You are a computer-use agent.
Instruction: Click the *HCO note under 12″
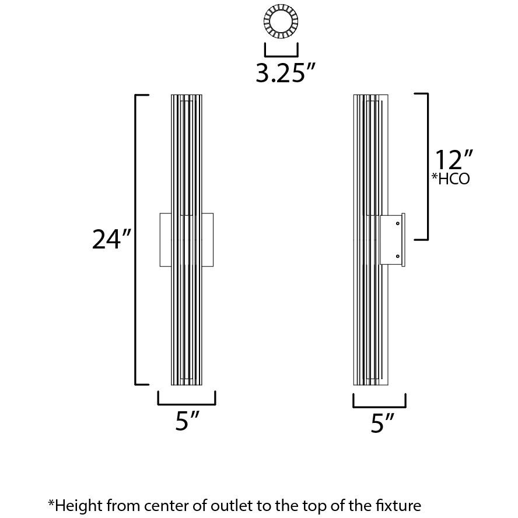click(x=450, y=179)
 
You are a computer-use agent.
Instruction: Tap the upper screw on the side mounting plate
click(x=398, y=223)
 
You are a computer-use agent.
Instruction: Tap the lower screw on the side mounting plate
click(x=398, y=256)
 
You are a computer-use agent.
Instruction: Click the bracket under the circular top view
click(x=282, y=51)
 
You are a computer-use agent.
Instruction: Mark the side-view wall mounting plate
click(x=391, y=240)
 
